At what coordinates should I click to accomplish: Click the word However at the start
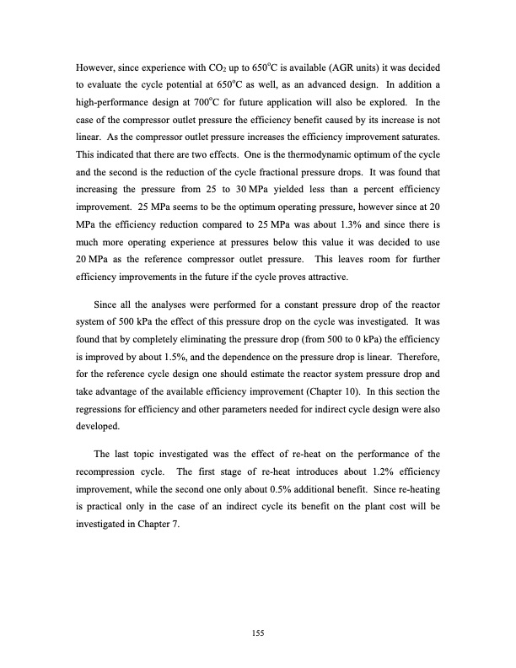[x=95, y=67]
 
